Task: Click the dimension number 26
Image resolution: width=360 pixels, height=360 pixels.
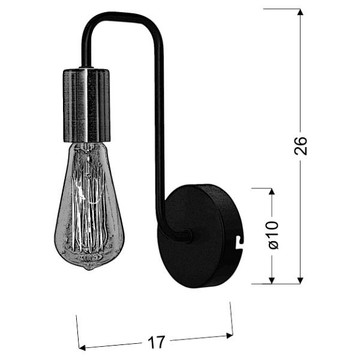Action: click(x=301, y=146)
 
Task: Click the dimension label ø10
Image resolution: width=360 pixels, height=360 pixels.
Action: click(x=272, y=236)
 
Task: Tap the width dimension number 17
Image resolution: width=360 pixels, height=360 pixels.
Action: click(x=156, y=343)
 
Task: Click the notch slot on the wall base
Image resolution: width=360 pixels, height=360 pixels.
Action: click(x=240, y=241)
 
